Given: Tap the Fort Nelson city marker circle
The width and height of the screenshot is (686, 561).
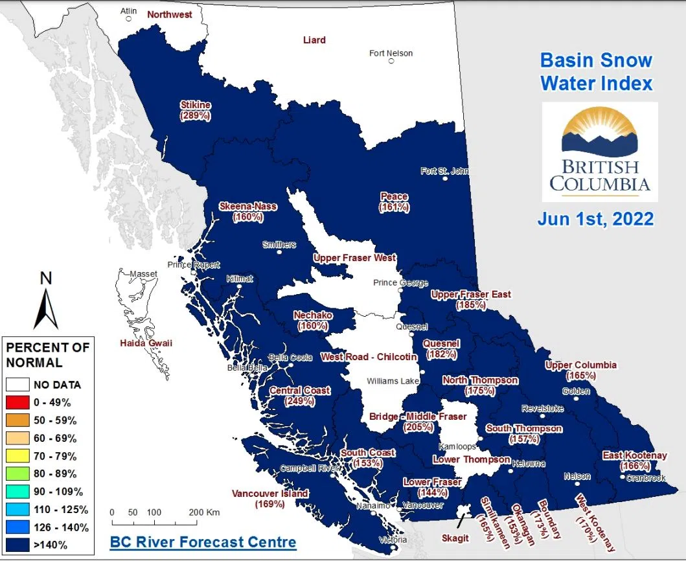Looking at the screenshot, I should (391, 62).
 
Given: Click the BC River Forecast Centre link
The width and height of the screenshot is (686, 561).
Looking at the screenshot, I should (203, 542).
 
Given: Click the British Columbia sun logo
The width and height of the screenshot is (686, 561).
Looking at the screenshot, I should (599, 133).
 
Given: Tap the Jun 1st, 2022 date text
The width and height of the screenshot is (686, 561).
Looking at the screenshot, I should (595, 219).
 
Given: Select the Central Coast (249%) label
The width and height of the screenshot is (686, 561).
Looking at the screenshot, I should (300, 396).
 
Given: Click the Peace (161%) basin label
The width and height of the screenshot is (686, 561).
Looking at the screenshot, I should (394, 201).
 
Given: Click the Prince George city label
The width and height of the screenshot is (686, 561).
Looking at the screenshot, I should (400, 283).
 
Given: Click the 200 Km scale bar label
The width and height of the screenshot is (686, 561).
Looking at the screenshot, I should (205, 512).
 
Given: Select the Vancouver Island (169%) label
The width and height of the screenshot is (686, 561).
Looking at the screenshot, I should (269, 498).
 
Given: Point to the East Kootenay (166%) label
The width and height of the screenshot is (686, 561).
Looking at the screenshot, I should (634, 461).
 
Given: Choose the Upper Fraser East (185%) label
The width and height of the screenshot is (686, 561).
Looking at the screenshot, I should (471, 299).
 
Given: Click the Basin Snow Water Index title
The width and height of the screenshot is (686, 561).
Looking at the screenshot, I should (596, 72).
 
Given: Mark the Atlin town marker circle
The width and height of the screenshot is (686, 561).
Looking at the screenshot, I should (129, 19).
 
